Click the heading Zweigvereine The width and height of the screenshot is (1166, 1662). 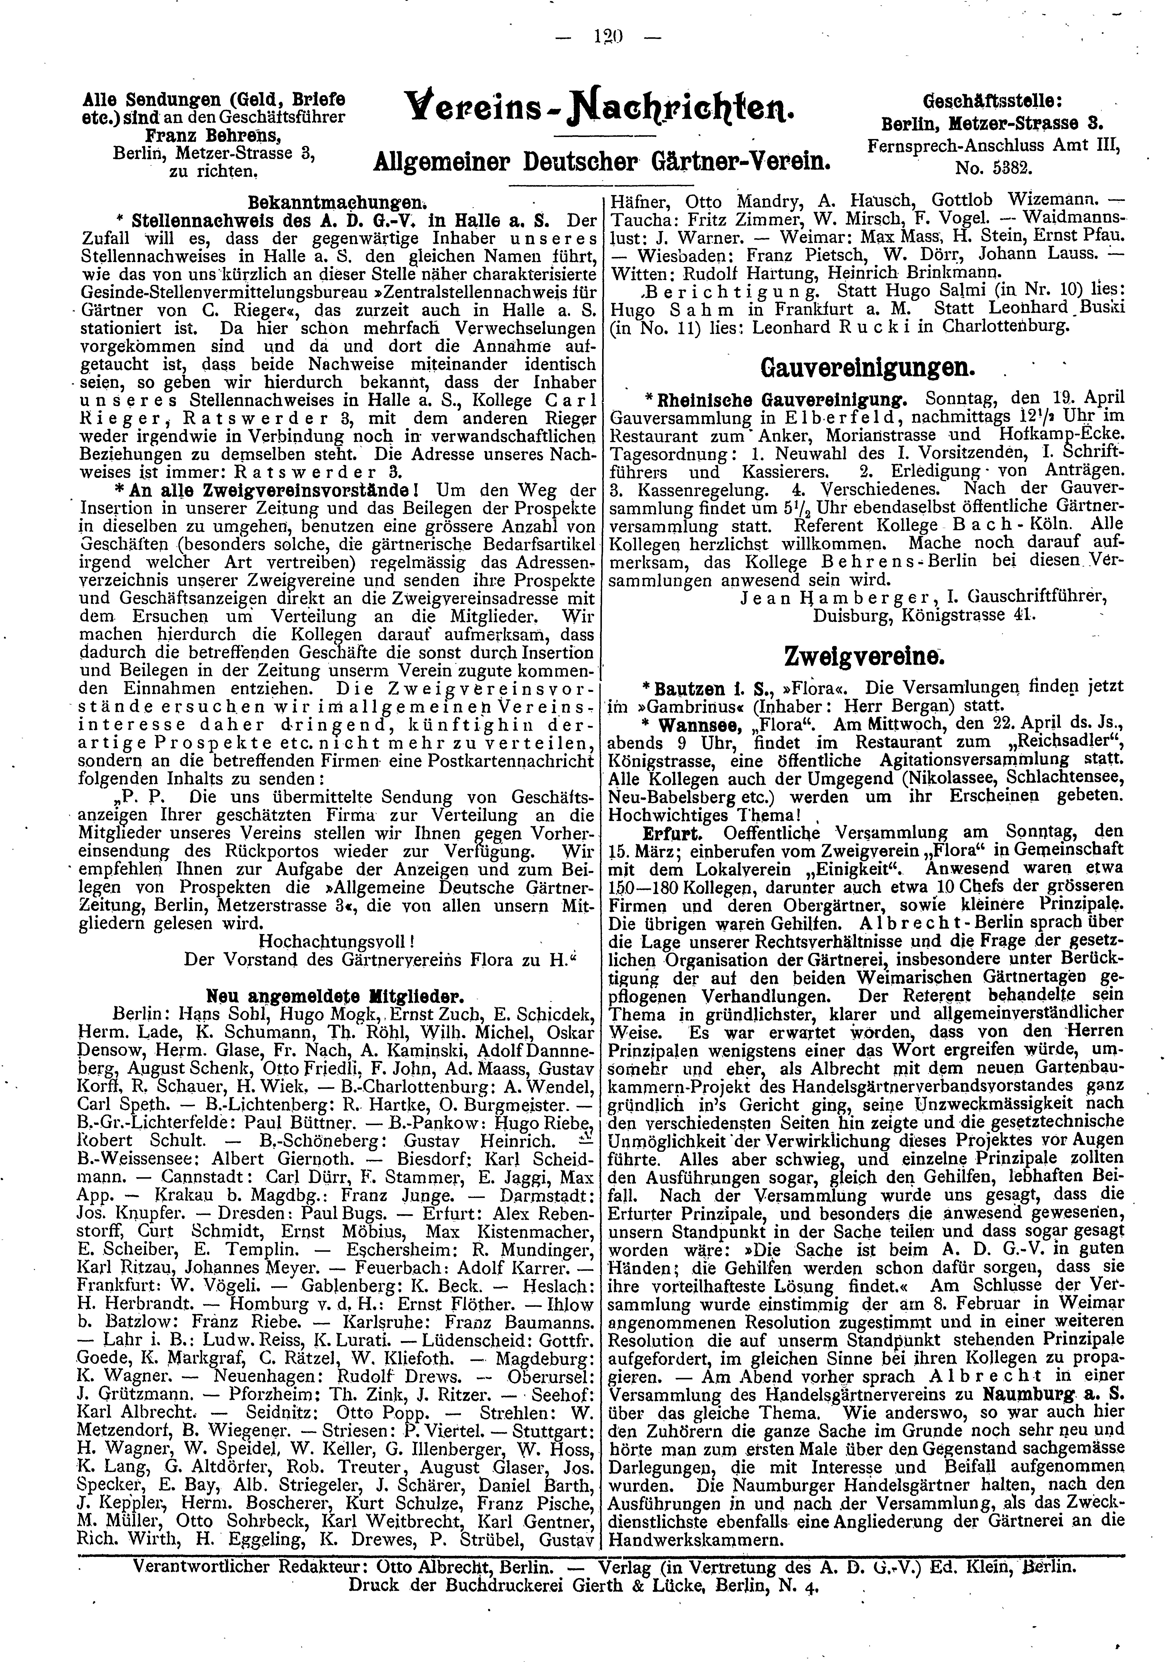click(x=864, y=657)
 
